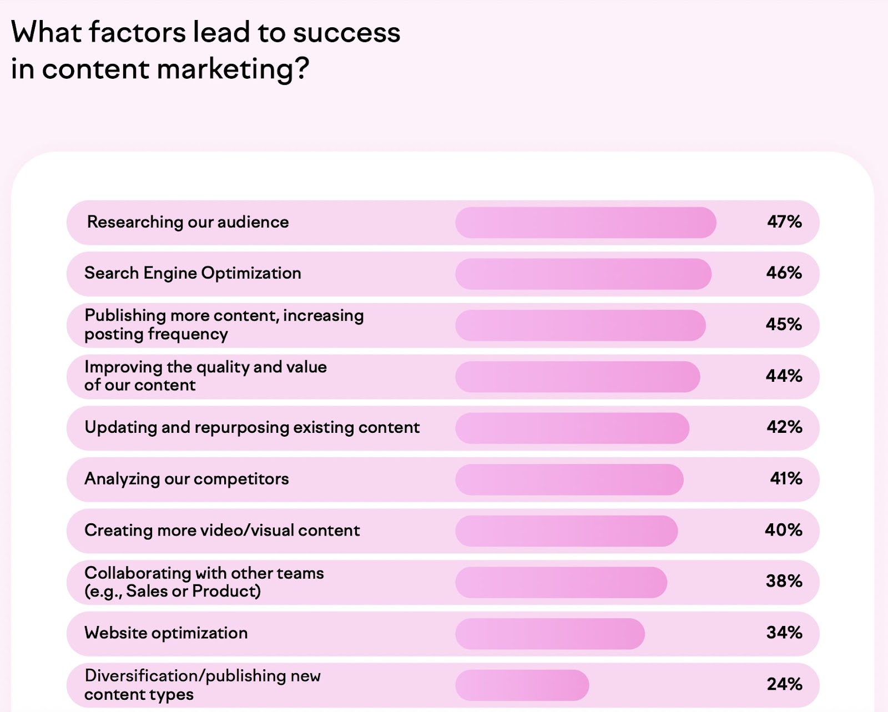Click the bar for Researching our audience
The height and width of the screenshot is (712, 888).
(x=586, y=223)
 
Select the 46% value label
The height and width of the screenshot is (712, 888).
(x=784, y=273)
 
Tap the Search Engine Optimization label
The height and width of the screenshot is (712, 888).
(x=193, y=273)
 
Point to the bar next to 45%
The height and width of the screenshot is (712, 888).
(x=580, y=325)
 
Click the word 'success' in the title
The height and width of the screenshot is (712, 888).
(x=346, y=32)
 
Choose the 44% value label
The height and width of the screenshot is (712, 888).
(x=784, y=376)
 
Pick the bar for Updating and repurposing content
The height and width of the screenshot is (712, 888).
(x=572, y=428)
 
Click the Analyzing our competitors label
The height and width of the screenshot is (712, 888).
(x=186, y=479)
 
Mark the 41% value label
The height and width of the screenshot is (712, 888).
(x=786, y=478)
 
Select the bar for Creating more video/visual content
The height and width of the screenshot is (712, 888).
(x=566, y=531)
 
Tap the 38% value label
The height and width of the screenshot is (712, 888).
(x=784, y=581)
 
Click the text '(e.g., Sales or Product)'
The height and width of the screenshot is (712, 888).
(x=173, y=591)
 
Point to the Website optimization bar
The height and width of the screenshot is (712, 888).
(x=549, y=634)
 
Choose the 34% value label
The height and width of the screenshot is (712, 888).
(x=784, y=633)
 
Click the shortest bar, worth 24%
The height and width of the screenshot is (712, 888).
(x=522, y=685)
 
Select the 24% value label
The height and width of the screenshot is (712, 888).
(x=784, y=684)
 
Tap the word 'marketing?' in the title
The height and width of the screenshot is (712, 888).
(x=233, y=69)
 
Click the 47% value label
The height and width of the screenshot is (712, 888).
(x=784, y=222)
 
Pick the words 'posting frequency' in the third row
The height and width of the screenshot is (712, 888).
(x=156, y=334)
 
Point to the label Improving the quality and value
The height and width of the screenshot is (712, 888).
(x=205, y=367)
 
